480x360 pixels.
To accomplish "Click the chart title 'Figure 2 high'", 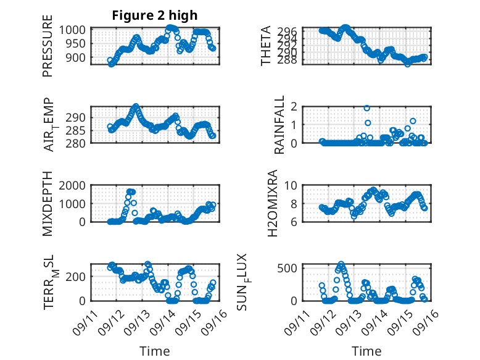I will (155, 15).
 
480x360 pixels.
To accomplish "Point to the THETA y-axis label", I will (266, 46).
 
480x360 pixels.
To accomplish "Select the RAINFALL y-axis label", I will (279, 125).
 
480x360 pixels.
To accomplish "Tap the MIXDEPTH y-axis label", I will (48, 204).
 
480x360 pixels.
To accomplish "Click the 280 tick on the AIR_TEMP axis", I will (79, 143).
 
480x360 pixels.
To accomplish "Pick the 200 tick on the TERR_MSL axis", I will (79, 276).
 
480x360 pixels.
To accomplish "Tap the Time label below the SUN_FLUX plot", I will (366, 351).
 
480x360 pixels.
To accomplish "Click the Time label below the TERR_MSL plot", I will (155, 351).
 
